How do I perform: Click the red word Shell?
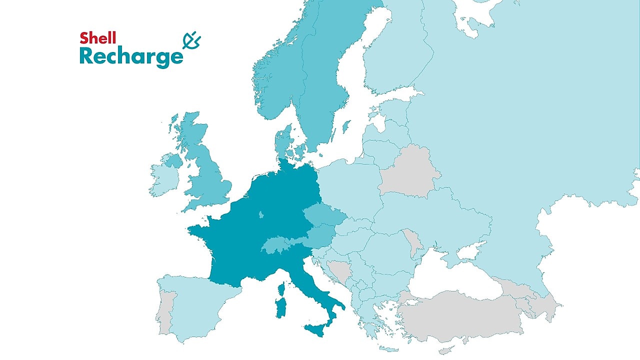98,38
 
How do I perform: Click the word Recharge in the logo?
131,57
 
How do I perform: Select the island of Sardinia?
280,306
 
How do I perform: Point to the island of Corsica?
281,289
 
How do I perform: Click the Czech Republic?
324,216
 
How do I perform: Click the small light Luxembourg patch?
261,215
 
